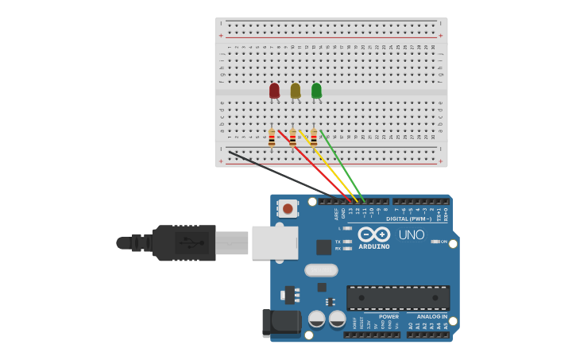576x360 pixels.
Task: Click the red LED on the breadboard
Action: [274, 91]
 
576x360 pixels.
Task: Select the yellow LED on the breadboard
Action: [296, 91]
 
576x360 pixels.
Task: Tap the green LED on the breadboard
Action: [316, 91]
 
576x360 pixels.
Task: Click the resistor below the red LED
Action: [272, 138]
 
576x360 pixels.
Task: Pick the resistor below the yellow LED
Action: [292, 138]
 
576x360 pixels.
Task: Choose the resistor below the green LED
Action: [314, 138]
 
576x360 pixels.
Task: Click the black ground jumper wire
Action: [278, 170]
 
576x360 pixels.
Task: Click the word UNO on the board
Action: [411, 235]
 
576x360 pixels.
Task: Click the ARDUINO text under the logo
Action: [373, 246]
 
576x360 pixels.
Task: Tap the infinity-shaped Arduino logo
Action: [373, 234]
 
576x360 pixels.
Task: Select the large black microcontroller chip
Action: [398, 297]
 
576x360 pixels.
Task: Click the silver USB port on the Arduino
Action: [275, 243]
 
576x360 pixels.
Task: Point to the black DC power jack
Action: [282, 323]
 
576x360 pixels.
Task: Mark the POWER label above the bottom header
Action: [389, 316]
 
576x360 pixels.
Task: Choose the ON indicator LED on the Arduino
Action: [435, 242]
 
